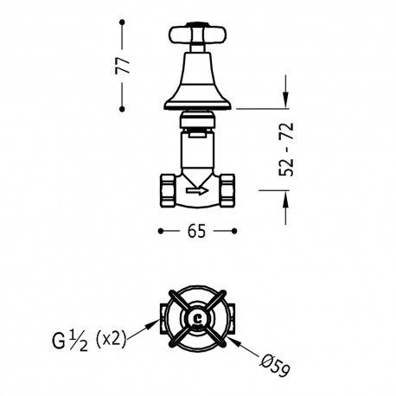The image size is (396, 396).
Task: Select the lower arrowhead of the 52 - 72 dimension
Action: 284,200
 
